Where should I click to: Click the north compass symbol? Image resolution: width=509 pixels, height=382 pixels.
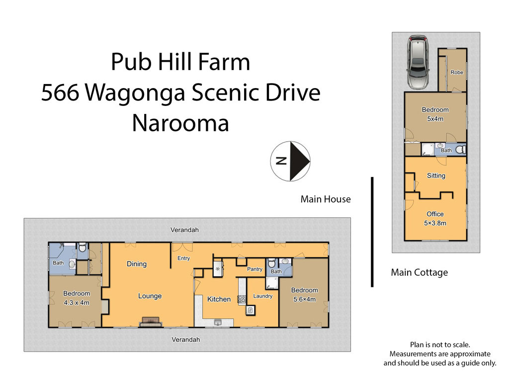(291, 161)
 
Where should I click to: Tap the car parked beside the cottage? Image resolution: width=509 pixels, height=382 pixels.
(419, 62)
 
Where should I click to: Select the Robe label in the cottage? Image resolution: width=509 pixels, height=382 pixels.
(457, 73)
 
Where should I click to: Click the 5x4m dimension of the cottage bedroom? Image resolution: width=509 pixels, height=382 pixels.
(435, 119)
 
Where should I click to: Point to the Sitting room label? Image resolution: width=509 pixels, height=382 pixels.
(436, 176)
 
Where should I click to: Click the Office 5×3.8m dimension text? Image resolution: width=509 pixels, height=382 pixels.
(435, 223)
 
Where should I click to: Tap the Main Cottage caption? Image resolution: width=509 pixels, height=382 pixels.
(419, 272)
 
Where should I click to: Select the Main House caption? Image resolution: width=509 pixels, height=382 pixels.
(326, 199)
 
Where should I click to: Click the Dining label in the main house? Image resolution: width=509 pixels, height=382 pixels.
(137, 264)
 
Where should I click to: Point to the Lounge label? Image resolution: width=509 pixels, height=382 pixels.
(150, 296)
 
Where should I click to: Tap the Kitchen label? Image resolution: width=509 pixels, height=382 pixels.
(219, 299)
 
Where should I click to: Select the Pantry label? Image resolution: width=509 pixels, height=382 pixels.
(255, 269)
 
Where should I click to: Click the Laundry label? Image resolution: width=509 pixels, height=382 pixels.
(262, 296)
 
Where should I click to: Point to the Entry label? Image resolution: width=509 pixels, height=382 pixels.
(183, 258)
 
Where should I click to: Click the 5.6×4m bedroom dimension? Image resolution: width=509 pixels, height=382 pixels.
(304, 299)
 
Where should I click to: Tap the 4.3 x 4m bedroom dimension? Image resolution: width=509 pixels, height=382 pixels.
(77, 302)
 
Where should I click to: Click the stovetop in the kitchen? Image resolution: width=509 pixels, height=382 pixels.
(242, 299)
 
